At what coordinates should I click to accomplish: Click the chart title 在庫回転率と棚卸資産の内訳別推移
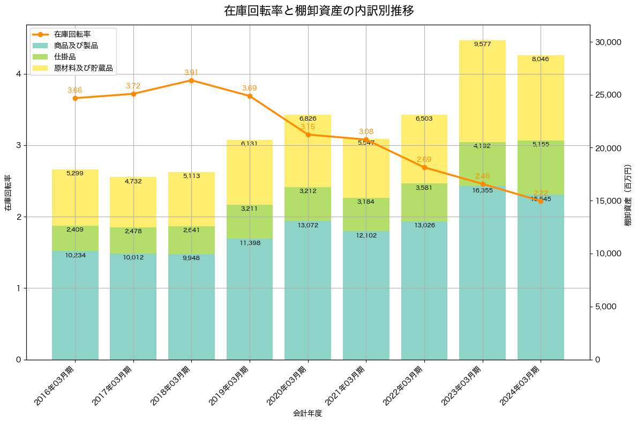pos(319,11)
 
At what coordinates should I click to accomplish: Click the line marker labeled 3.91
pos(191,80)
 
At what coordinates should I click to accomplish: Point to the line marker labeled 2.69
pos(424,167)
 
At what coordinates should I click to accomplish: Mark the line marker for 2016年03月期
pos(75,98)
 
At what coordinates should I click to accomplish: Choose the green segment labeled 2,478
pos(133,240)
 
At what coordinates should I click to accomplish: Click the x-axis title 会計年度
pos(308,413)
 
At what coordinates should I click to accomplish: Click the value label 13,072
pos(308,225)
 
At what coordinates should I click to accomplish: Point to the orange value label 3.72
pos(133,86)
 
